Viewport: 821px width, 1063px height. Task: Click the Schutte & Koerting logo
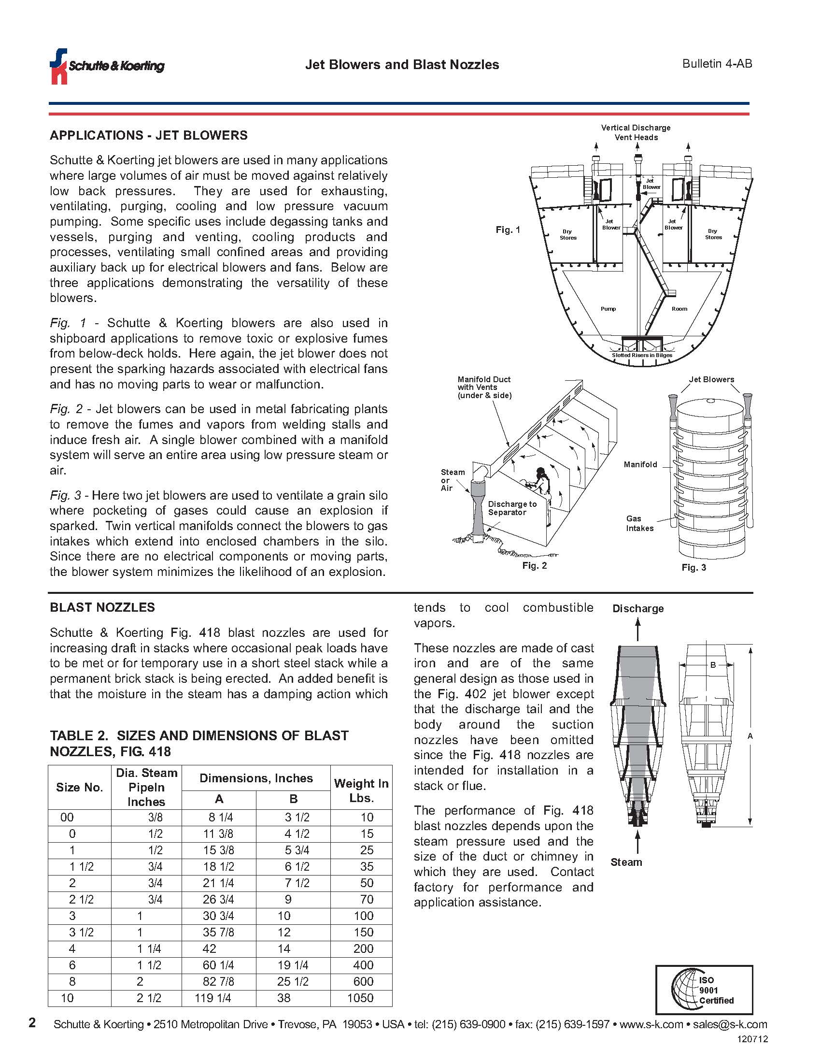coord(107,66)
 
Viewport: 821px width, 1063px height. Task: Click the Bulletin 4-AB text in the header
coord(717,64)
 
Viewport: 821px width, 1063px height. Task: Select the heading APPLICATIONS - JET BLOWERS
coord(148,135)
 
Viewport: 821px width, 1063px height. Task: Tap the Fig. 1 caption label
coord(508,230)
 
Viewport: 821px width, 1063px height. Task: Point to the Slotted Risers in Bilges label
coord(641,355)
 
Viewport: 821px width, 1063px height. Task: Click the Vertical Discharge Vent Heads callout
coord(636,132)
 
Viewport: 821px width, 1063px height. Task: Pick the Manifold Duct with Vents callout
coord(484,388)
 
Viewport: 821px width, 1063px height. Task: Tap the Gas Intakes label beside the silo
coord(639,523)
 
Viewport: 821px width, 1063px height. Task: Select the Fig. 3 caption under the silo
coord(694,568)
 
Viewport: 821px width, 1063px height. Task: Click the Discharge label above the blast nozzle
coord(637,608)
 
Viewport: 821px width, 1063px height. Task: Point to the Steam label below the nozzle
coord(626,862)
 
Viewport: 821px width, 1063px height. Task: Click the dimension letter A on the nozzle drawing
coord(750,736)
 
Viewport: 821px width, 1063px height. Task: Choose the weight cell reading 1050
coord(360,998)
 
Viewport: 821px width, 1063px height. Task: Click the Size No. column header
coord(80,788)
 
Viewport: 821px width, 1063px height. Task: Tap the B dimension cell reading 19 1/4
coord(292,965)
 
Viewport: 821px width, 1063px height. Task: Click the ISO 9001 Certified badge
coord(704,990)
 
